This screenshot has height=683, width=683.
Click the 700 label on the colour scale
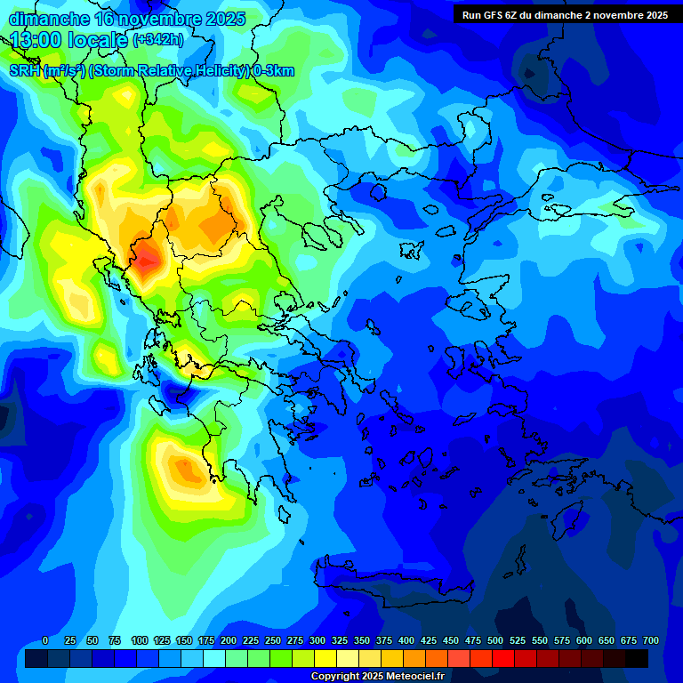pos(650,640)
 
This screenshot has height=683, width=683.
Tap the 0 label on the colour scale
pos(45,640)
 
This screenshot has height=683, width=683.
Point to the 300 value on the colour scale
pos(317,640)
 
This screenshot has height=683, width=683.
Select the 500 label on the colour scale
pos(495,640)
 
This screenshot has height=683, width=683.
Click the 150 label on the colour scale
pos(184,640)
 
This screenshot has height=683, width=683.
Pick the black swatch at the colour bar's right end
pos(636,658)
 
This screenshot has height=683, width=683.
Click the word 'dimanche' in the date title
pos(49,19)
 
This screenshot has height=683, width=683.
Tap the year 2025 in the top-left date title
pos(225,19)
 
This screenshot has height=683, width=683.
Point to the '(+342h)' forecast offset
pos(158,40)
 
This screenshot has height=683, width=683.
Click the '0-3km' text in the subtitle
pos(273,71)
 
